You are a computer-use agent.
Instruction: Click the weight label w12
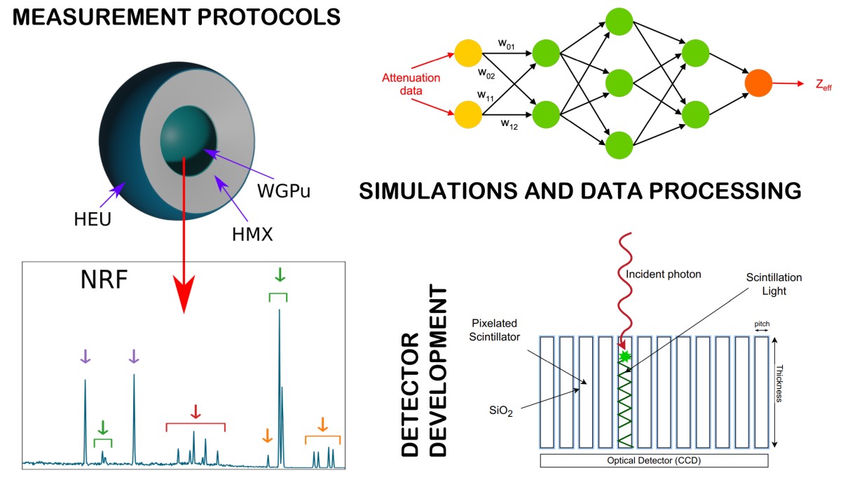(x=509, y=124)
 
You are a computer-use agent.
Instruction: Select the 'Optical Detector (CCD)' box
(x=654, y=460)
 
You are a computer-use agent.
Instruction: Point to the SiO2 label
(x=501, y=412)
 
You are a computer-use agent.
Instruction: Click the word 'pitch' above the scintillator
(x=762, y=324)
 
